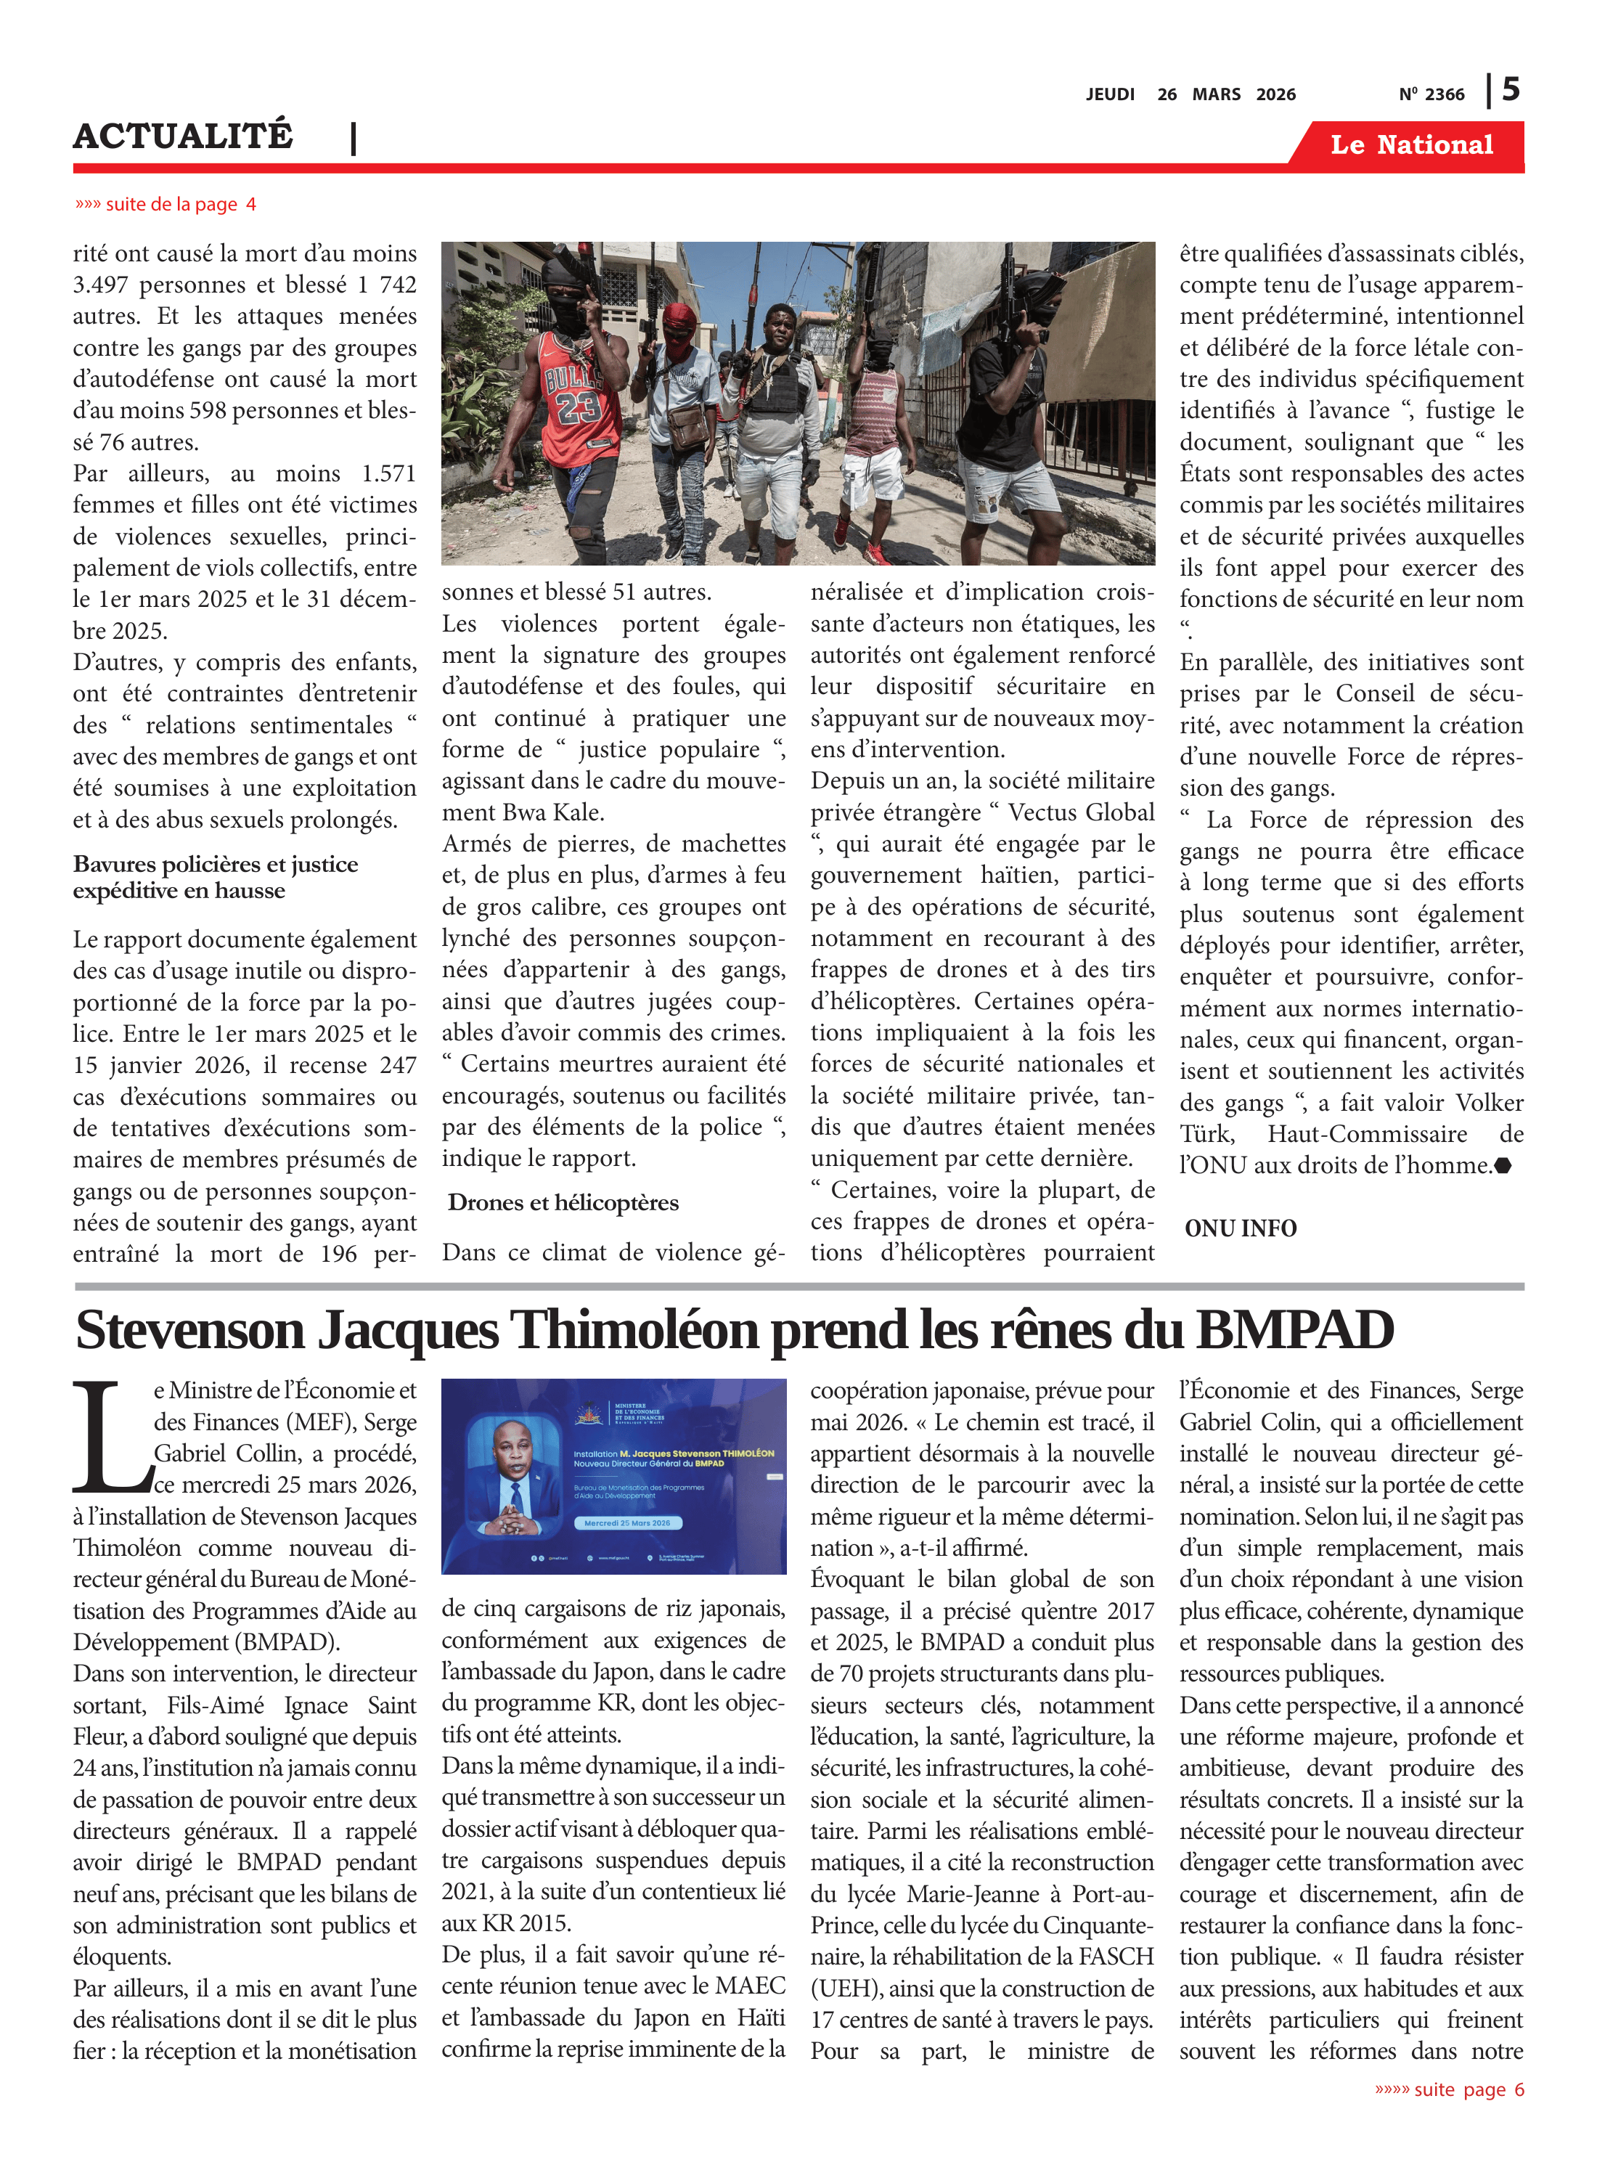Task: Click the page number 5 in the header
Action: (1511, 90)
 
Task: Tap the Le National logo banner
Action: (1410, 145)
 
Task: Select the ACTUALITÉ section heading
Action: (183, 136)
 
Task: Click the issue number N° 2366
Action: (1431, 94)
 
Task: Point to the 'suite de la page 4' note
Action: (166, 204)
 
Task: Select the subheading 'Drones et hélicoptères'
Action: (563, 1202)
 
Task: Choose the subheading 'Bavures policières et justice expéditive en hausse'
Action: (216, 877)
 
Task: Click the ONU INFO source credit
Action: (1241, 1228)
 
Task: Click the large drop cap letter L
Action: (110, 1438)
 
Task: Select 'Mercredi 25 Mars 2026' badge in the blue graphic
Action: (626, 1522)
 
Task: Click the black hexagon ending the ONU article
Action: (1502, 1166)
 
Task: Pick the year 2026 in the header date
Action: (1275, 94)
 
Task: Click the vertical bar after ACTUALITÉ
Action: (354, 138)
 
